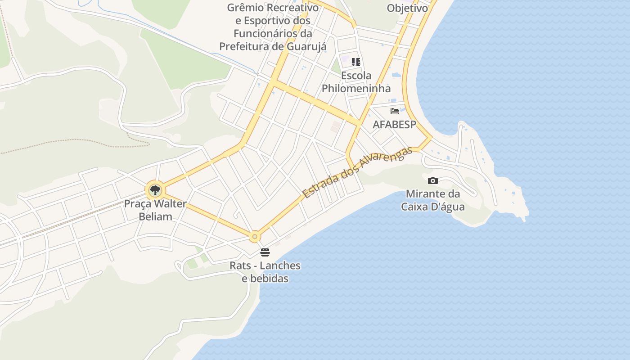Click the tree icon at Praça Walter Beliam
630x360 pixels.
point(155,190)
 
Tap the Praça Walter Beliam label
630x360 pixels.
point(155,210)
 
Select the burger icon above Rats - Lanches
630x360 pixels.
point(265,252)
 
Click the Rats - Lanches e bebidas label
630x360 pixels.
point(265,272)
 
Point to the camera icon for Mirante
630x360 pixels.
point(432,180)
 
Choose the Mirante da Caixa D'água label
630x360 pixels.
point(433,200)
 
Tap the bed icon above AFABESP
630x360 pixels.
point(395,111)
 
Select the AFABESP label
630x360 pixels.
point(394,125)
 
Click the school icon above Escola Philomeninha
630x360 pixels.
point(356,62)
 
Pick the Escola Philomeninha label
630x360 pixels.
point(356,82)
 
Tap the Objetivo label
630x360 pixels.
point(407,8)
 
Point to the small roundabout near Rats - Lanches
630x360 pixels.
point(255,236)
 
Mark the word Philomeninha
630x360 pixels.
point(356,88)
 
